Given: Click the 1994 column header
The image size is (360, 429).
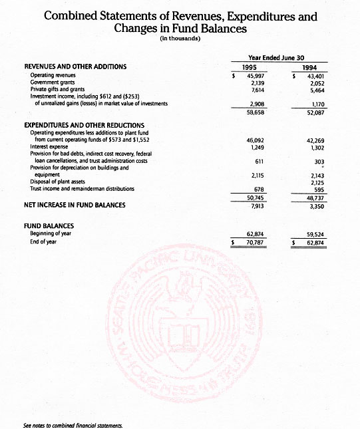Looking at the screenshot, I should click(309, 67).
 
